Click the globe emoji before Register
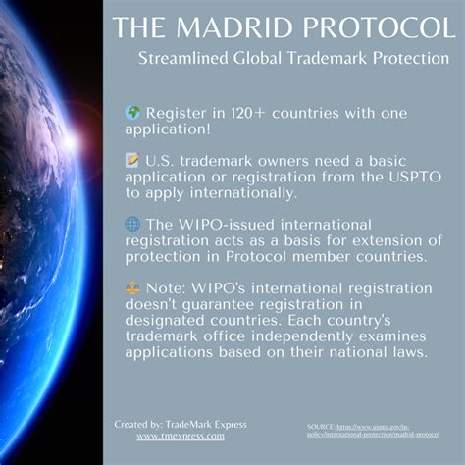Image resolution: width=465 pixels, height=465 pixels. (x=132, y=112)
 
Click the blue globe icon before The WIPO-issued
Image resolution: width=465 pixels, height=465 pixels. (x=132, y=223)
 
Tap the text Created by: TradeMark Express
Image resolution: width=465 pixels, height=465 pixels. (x=181, y=424)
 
